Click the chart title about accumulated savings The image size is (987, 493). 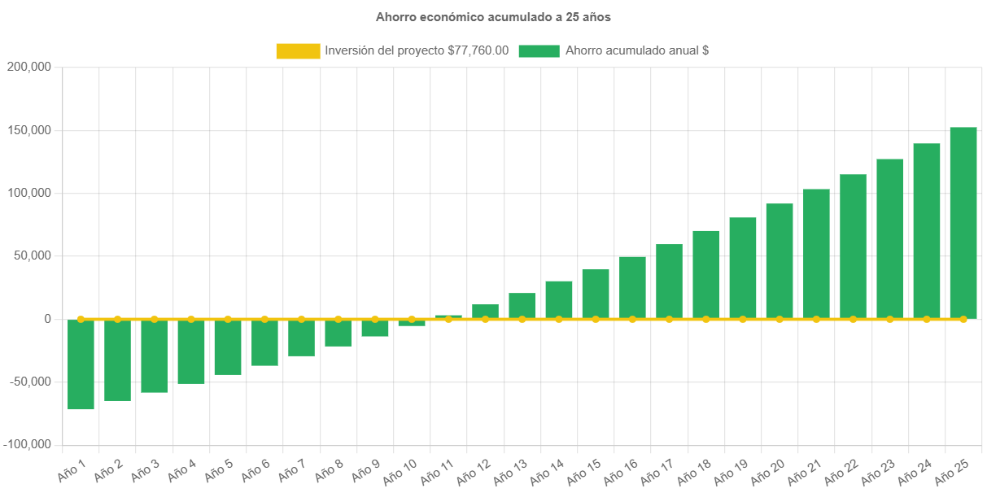pyautogui.click(x=493, y=17)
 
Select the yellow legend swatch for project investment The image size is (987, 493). pyautogui.click(x=298, y=51)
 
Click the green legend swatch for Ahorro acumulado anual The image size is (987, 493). pyautogui.click(x=539, y=51)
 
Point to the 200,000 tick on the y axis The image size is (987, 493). pyautogui.click(x=28, y=68)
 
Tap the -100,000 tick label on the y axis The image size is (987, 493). pyautogui.click(x=27, y=445)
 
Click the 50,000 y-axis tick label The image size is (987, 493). pyautogui.click(x=32, y=256)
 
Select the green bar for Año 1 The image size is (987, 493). pyautogui.click(x=81, y=364)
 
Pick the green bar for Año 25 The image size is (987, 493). pyautogui.click(x=963, y=223)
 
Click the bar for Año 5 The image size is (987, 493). pyautogui.click(x=228, y=347)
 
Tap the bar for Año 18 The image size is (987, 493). pyautogui.click(x=705, y=274)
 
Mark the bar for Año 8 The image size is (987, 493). pyautogui.click(x=338, y=333)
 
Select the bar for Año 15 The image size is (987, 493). pyautogui.click(x=596, y=294)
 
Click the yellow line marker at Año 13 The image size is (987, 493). pyautogui.click(x=522, y=319)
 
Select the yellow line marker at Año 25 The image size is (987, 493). pyautogui.click(x=963, y=319)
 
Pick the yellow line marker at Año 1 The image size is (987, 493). pyautogui.click(x=81, y=319)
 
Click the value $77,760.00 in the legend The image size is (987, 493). pyautogui.click(x=478, y=51)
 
